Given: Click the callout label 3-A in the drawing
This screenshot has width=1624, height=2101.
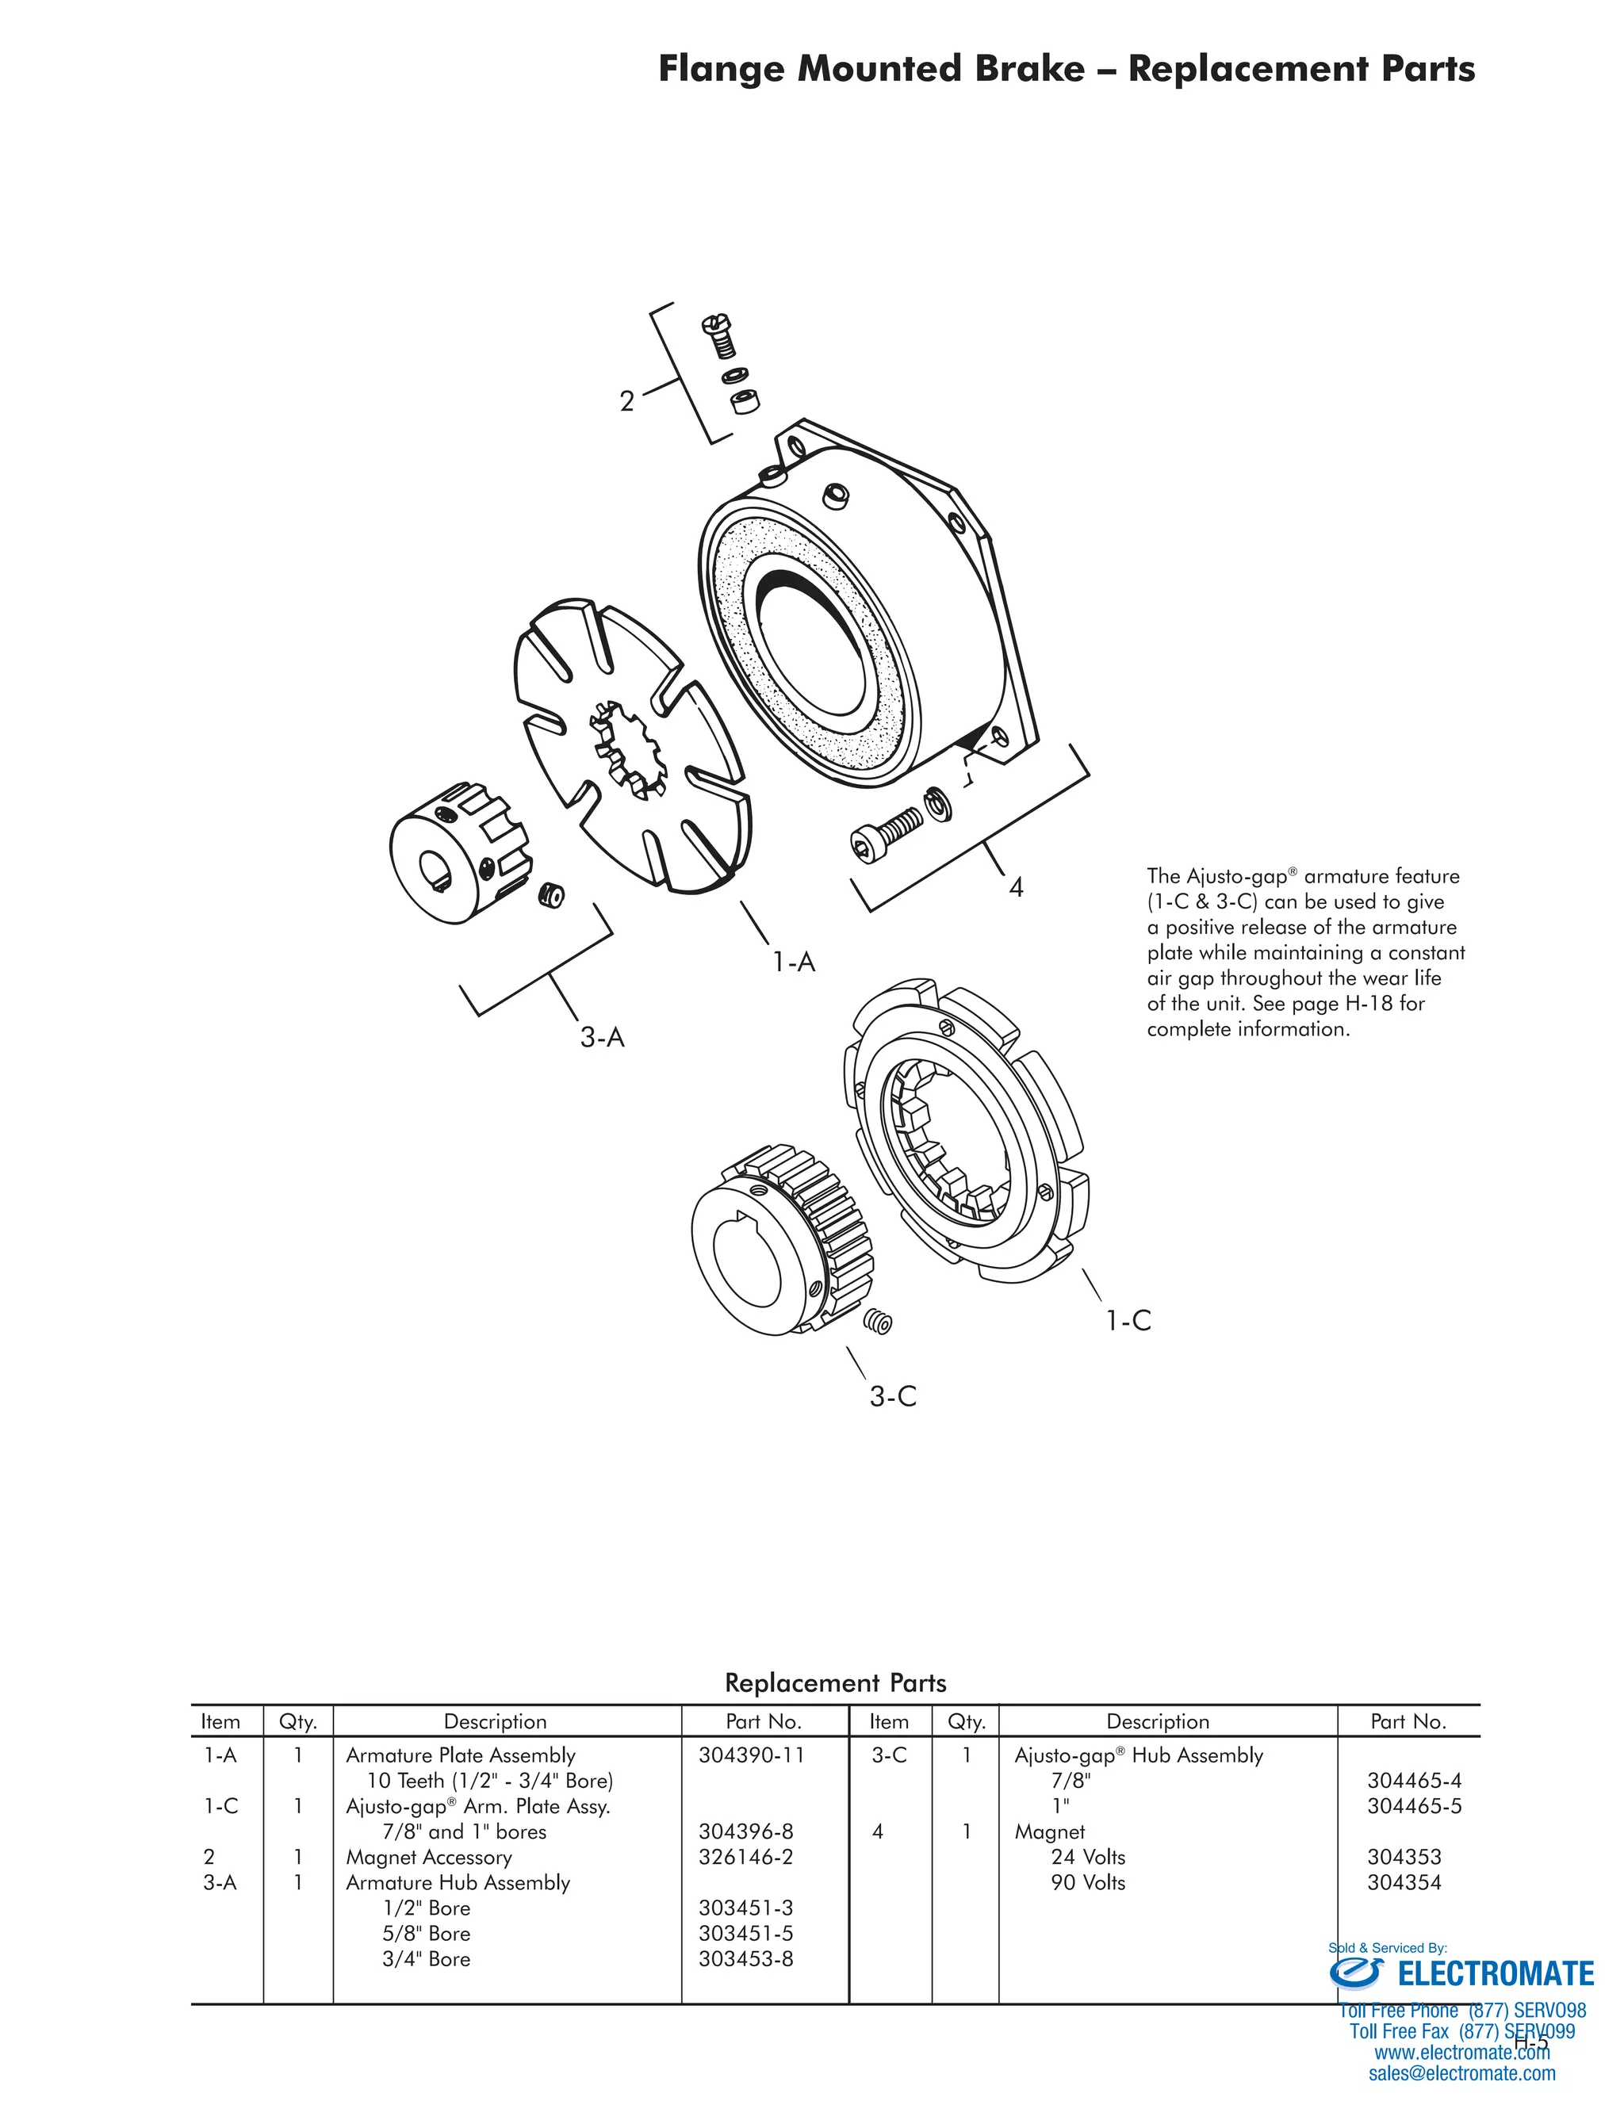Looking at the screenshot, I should pos(603,1037).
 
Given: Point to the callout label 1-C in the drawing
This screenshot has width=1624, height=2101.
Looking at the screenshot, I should pos(1128,1321).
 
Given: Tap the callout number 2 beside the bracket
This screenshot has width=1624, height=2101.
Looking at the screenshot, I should pos(626,401).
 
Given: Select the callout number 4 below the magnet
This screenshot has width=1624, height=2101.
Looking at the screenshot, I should pos(1016,887).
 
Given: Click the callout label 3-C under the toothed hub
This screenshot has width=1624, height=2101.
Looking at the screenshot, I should pos(893,1397).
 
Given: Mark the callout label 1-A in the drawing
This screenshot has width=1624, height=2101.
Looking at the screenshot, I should pos(794,962).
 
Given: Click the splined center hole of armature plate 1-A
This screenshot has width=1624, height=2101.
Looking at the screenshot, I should pos(627,748).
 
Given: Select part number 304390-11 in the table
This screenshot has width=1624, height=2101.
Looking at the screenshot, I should pos(750,1755).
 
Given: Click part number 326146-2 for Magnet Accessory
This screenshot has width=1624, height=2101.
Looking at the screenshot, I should pos(745,1857).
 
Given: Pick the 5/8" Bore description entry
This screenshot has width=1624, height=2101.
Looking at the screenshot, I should pos(426,1934).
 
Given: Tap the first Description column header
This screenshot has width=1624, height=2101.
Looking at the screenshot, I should pos(495,1722).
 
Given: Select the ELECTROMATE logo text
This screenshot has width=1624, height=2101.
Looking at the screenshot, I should pos(1495,1974).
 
